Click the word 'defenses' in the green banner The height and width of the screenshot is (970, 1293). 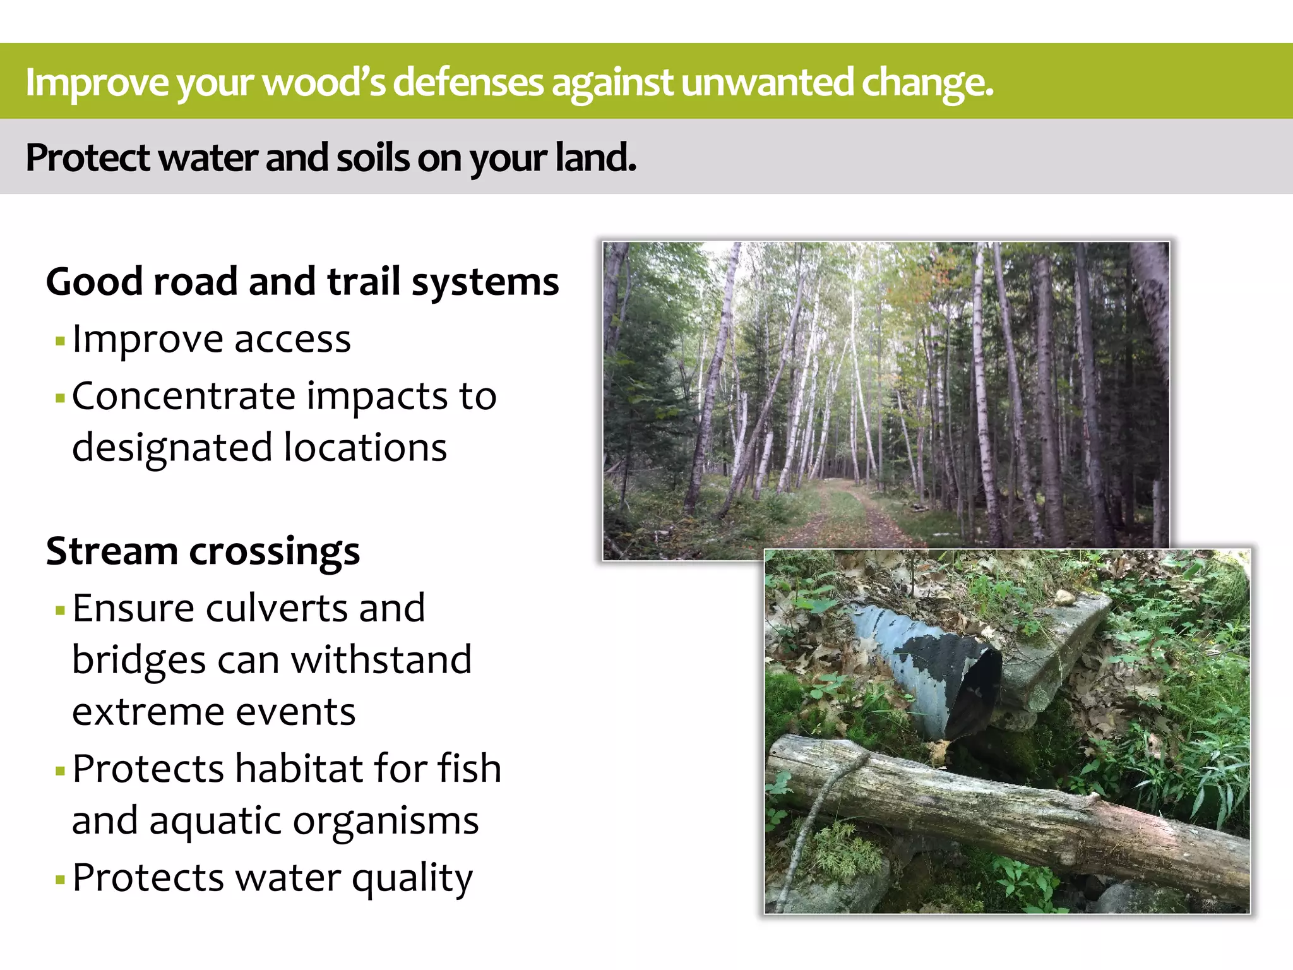(468, 82)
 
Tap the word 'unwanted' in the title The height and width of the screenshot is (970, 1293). (767, 82)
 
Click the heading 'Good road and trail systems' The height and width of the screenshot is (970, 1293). (302, 282)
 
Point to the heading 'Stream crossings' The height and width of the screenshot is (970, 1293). (203, 551)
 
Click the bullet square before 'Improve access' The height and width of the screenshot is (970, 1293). (61, 342)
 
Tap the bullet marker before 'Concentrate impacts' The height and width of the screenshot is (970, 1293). (61, 398)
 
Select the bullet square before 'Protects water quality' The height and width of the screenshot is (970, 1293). (61, 880)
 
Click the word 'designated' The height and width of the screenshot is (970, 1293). (172, 448)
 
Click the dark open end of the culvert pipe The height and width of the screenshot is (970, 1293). (975, 695)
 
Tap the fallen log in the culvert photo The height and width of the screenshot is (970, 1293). (1010, 815)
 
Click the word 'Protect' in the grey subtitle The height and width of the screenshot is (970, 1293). (87, 158)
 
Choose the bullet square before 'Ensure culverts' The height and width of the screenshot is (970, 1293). (61, 611)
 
